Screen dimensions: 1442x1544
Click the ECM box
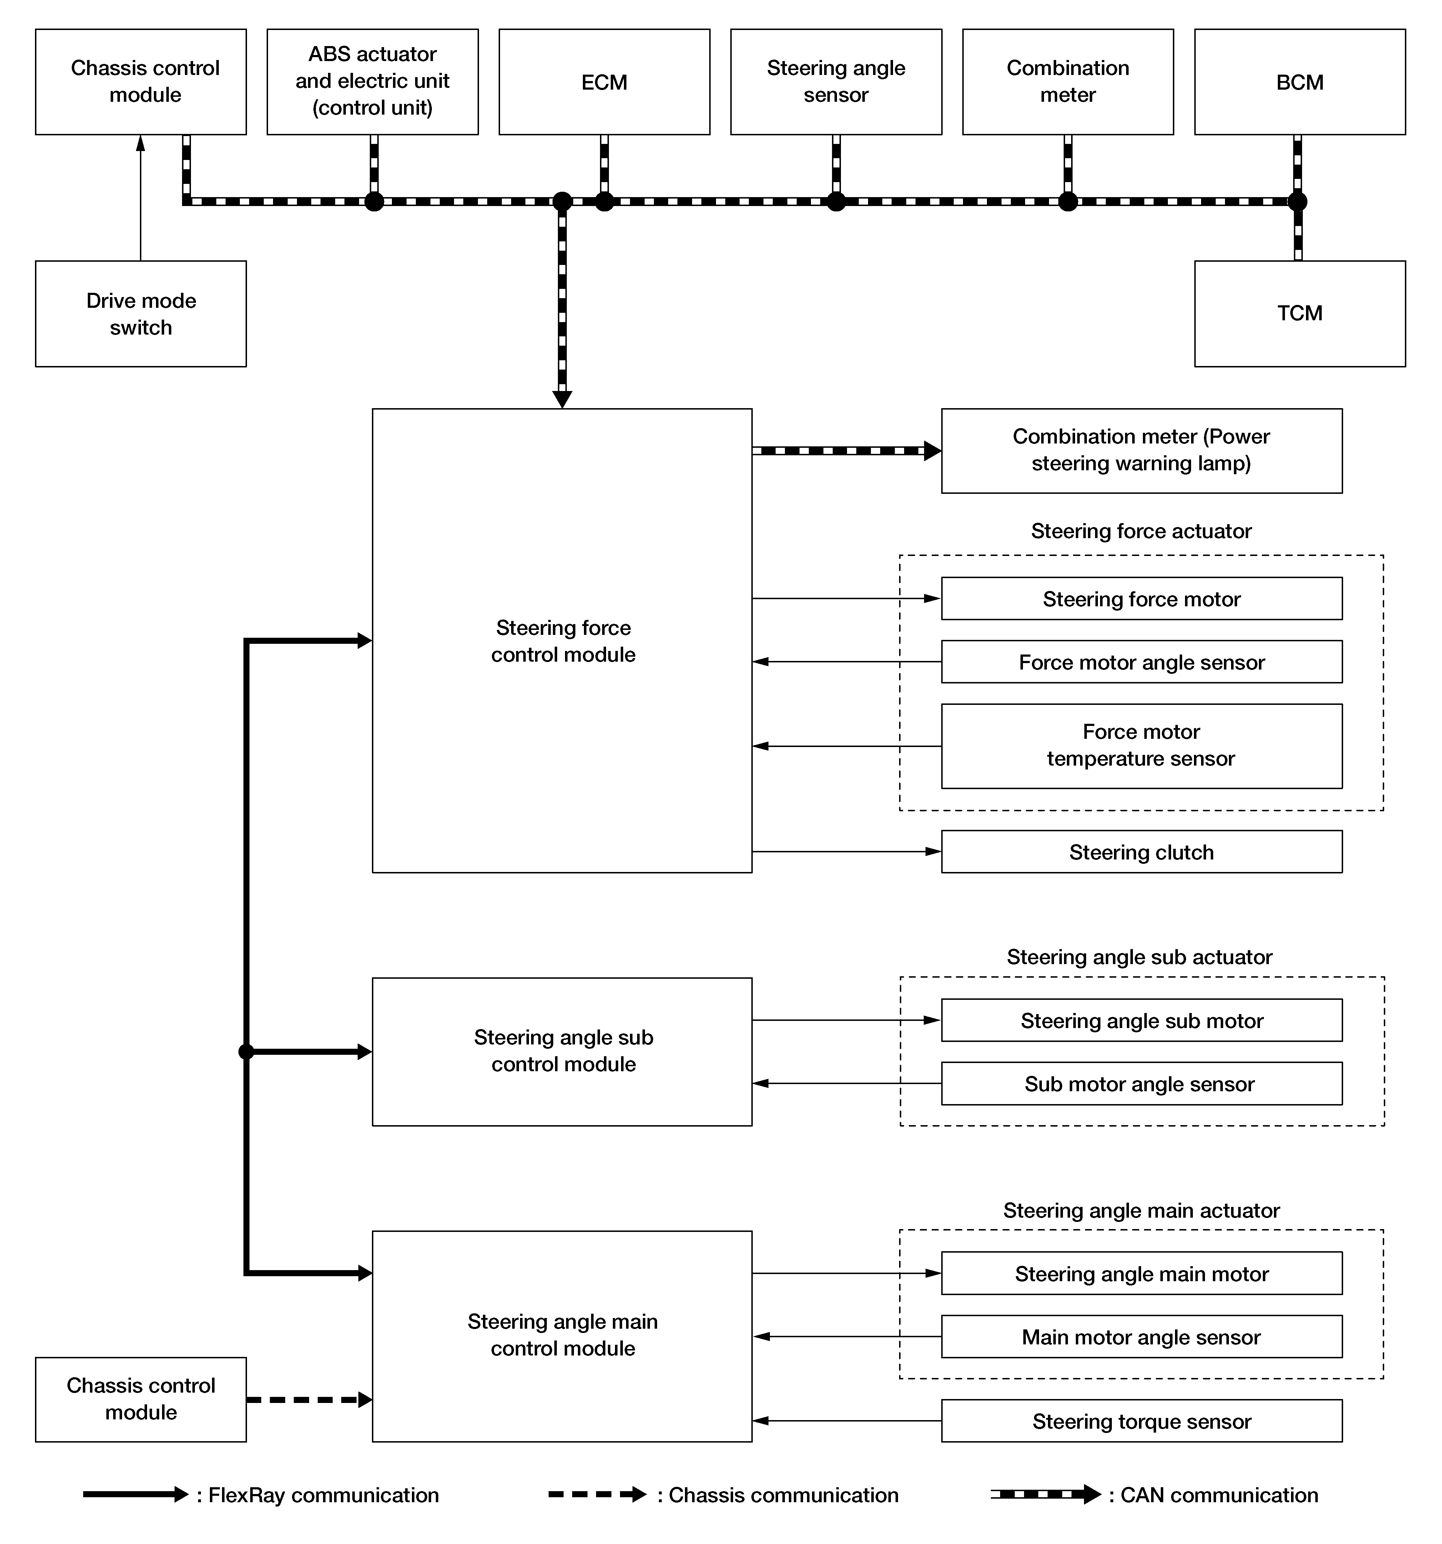click(604, 81)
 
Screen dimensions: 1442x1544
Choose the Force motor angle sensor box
click(1141, 662)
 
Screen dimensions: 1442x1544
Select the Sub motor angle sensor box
click(1141, 1083)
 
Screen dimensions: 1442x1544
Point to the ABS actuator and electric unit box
click(373, 81)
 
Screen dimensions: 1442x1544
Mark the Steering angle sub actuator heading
click(1139, 957)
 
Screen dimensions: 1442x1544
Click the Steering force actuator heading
click(1141, 531)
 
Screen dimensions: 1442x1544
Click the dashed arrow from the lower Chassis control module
click(309, 1399)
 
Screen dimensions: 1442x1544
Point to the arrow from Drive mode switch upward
click(141, 198)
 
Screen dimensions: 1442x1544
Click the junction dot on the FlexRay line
click(246, 1052)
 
